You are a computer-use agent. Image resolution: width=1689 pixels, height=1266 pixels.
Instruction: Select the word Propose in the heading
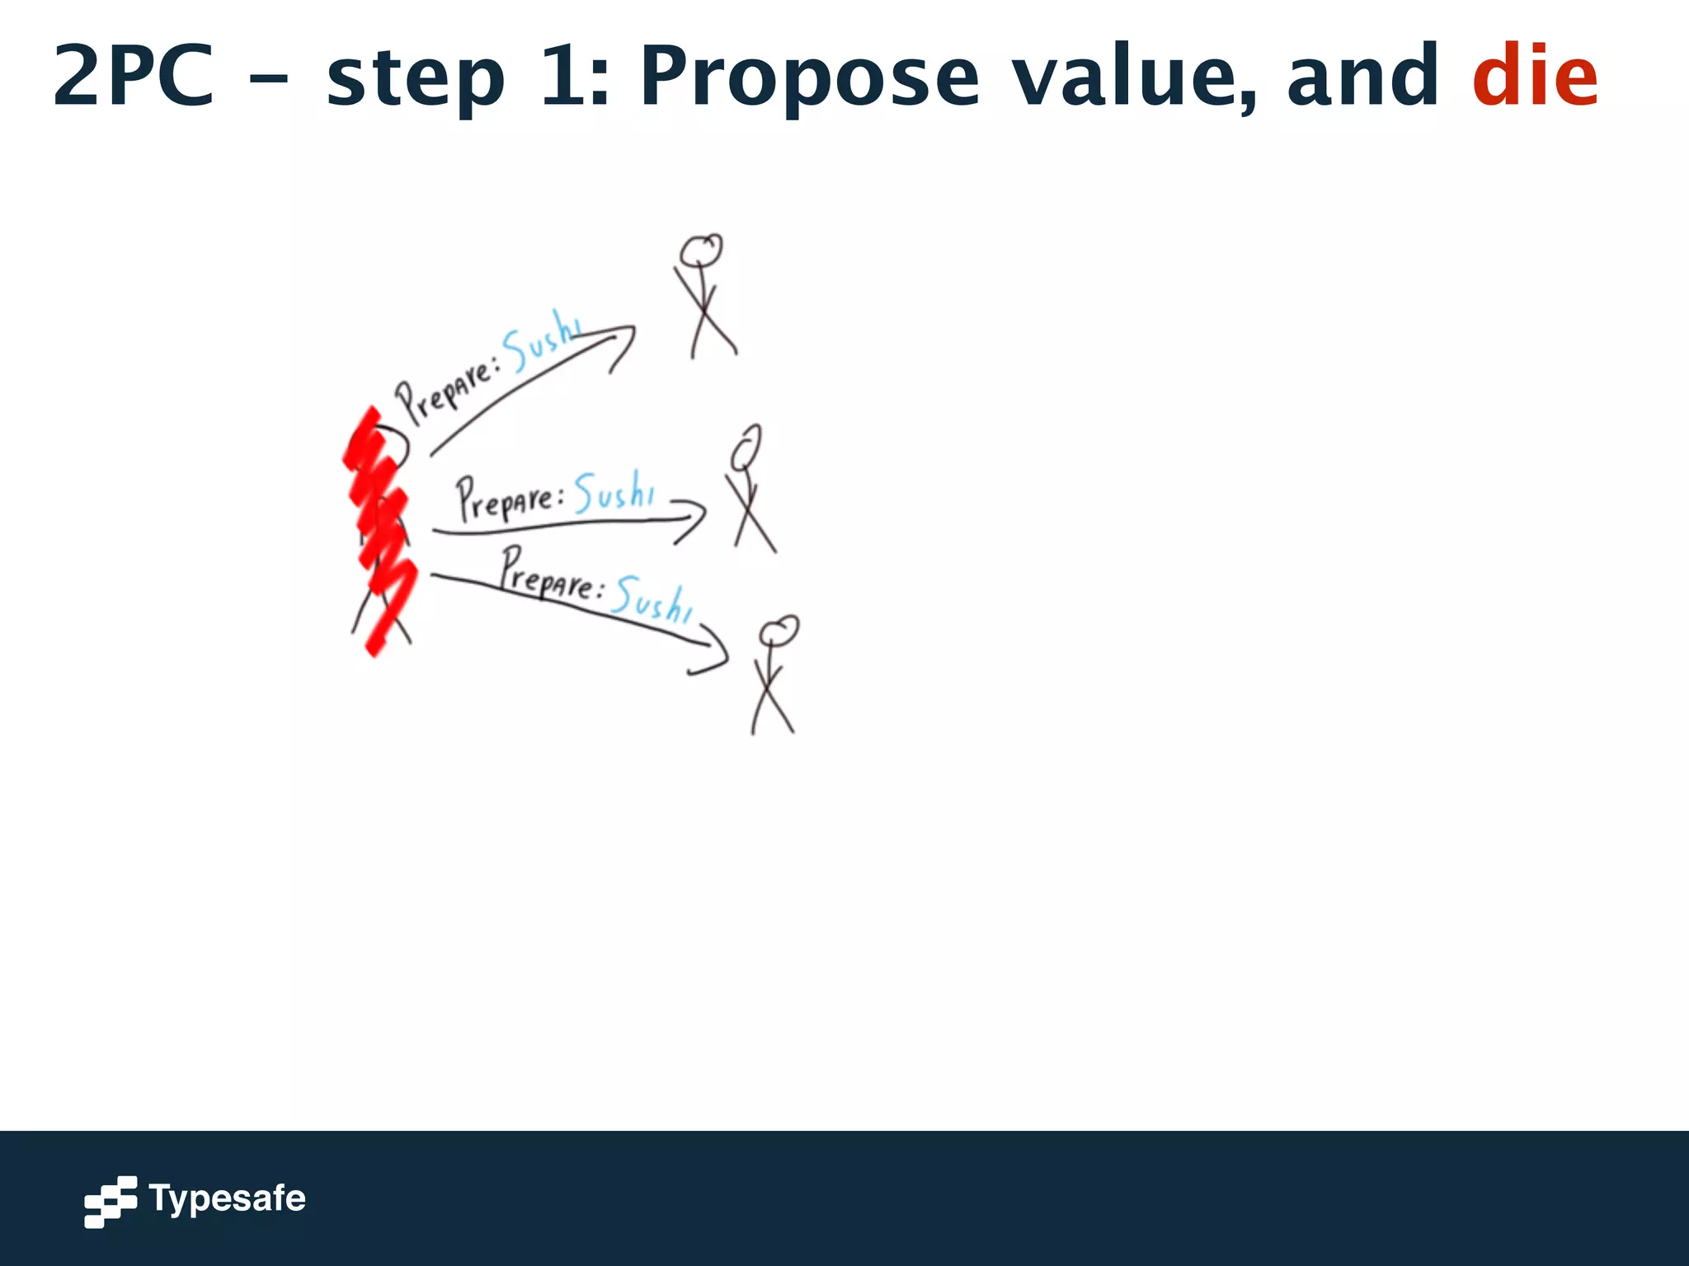(x=810, y=77)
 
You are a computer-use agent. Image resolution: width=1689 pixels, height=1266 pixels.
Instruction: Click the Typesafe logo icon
(x=111, y=1201)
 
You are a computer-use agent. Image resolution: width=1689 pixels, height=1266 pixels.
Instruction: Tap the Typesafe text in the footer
(x=227, y=1198)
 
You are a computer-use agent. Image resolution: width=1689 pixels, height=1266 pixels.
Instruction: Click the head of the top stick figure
(x=701, y=249)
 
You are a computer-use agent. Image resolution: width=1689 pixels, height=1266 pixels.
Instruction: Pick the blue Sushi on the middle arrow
(x=614, y=492)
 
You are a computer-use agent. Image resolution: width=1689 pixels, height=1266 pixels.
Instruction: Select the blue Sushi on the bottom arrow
(x=652, y=599)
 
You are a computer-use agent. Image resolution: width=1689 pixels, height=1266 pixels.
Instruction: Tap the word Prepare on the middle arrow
(x=507, y=499)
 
